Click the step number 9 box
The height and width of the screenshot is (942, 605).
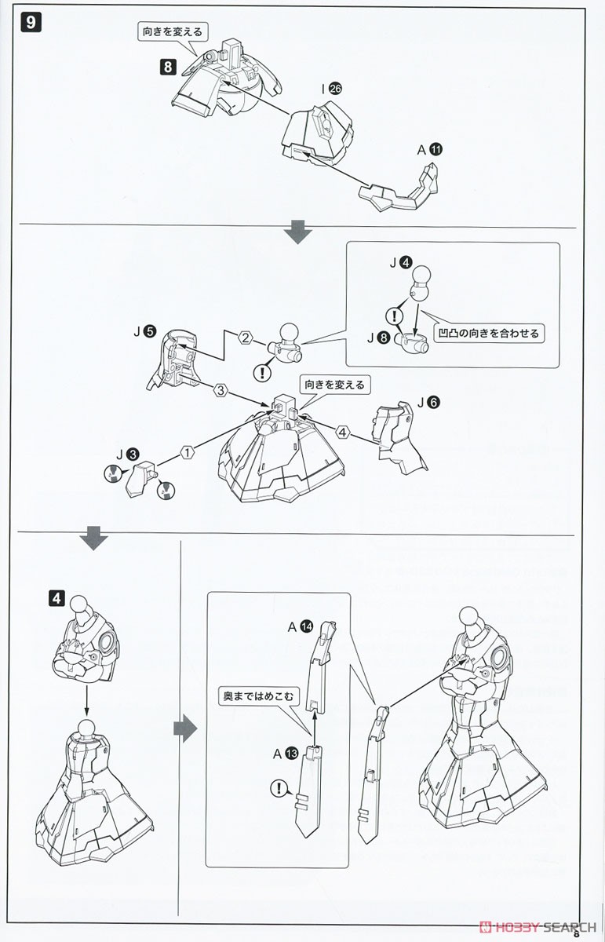pos(31,22)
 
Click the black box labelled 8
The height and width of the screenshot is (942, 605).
pos(168,67)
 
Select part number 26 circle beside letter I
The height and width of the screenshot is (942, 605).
pos(337,90)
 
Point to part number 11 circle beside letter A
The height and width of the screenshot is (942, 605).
pos(436,148)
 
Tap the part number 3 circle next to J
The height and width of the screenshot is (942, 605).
pos(135,454)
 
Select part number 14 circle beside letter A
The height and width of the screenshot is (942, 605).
pos(305,626)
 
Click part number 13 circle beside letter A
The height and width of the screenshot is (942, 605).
pos(291,754)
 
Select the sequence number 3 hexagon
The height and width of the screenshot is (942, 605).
pos(221,389)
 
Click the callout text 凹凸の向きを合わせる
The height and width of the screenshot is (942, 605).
pos(489,334)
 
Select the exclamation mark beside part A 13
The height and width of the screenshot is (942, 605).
pos(279,789)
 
